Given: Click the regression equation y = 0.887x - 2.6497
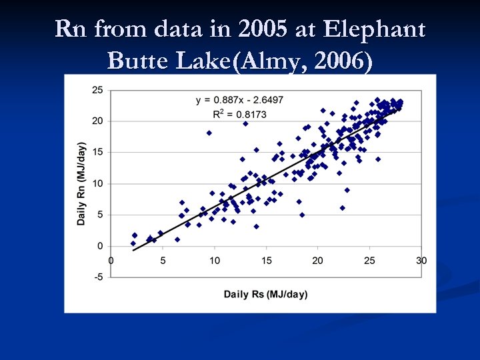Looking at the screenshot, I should tap(239, 100).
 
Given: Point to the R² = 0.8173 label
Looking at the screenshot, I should tap(239, 114).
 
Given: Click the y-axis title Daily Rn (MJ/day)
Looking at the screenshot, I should tap(81, 183).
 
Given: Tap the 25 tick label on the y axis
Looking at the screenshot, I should tap(97, 90).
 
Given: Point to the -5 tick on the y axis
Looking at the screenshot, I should tap(97, 277).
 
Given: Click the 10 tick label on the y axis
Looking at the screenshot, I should tap(97, 183).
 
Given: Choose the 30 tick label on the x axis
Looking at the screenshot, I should tap(421, 260).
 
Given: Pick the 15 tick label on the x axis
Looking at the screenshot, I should tap(266, 260).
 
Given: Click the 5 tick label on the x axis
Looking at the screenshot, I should tap(162, 260).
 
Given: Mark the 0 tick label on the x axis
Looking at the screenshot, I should tap(111, 260).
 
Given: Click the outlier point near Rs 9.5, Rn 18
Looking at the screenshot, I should tap(209, 133).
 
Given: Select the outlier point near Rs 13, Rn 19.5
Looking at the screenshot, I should tap(245, 123).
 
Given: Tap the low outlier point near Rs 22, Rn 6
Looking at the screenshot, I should tap(343, 208).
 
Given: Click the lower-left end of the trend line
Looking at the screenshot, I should tap(133, 250).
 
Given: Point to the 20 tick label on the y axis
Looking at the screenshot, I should tap(97, 121).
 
